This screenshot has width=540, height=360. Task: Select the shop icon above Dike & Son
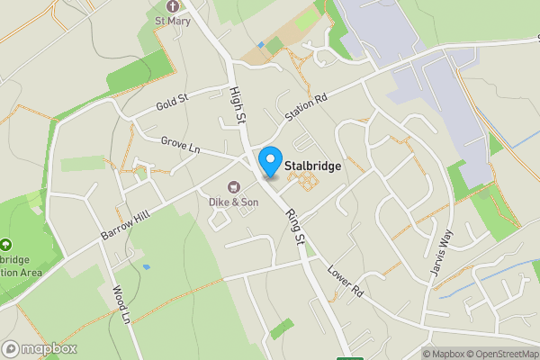[x=233, y=187]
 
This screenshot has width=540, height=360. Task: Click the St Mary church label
[x=173, y=22]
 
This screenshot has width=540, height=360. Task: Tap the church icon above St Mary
[x=173, y=6]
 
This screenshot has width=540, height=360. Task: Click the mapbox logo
[x=39, y=348]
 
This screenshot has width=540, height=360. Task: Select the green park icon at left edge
[x=6, y=244]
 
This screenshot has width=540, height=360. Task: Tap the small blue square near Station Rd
[x=260, y=44]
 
